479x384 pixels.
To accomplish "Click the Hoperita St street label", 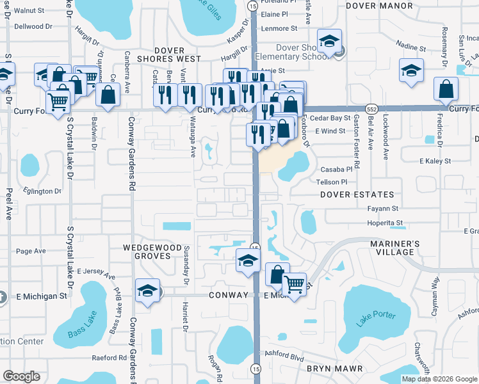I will (x=385, y=223).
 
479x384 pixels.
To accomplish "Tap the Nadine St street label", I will (x=411, y=48).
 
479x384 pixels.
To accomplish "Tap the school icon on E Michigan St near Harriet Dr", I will (x=148, y=291).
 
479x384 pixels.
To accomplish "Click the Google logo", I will (x=22, y=376).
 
